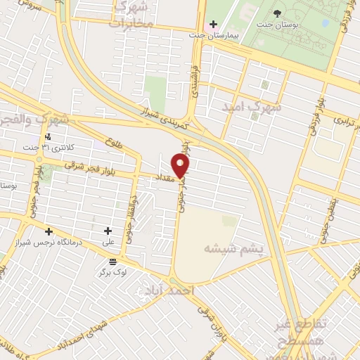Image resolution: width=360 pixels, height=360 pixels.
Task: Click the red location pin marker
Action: tap(181, 166)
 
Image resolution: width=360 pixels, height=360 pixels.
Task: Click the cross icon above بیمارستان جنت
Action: tap(212, 23)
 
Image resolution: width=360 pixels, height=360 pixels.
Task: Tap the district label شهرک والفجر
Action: tap(35, 120)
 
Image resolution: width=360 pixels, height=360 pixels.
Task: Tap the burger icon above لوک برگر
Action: tap(113, 262)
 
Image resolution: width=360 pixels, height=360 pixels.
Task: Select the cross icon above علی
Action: tap(108, 231)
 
